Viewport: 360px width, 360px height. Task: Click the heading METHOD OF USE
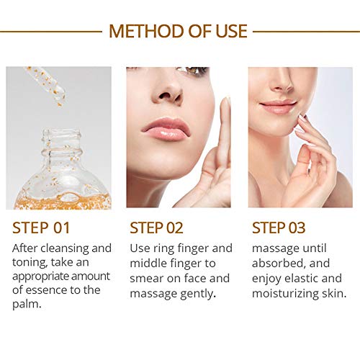point(178,31)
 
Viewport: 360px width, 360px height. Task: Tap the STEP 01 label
point(42,228)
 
